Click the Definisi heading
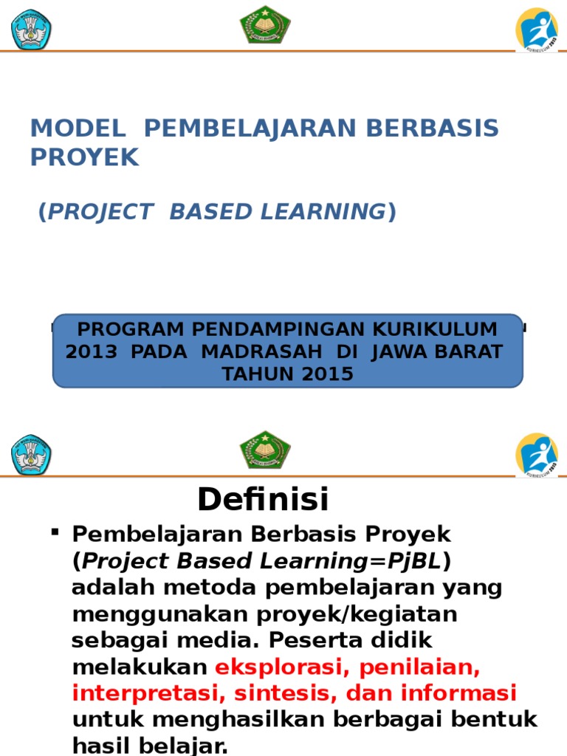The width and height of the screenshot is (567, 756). [262, 501]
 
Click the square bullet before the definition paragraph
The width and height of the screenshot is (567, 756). [55, 532]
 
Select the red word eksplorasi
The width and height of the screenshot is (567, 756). [272, 667]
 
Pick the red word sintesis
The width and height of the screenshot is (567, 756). [279, 694]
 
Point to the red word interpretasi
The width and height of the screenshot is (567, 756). [140, 694]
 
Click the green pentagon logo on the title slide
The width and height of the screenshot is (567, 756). [265, 24]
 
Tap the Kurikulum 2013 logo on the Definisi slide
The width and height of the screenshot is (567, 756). [536, 454]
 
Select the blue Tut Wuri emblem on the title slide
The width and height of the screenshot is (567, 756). [31, 30]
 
